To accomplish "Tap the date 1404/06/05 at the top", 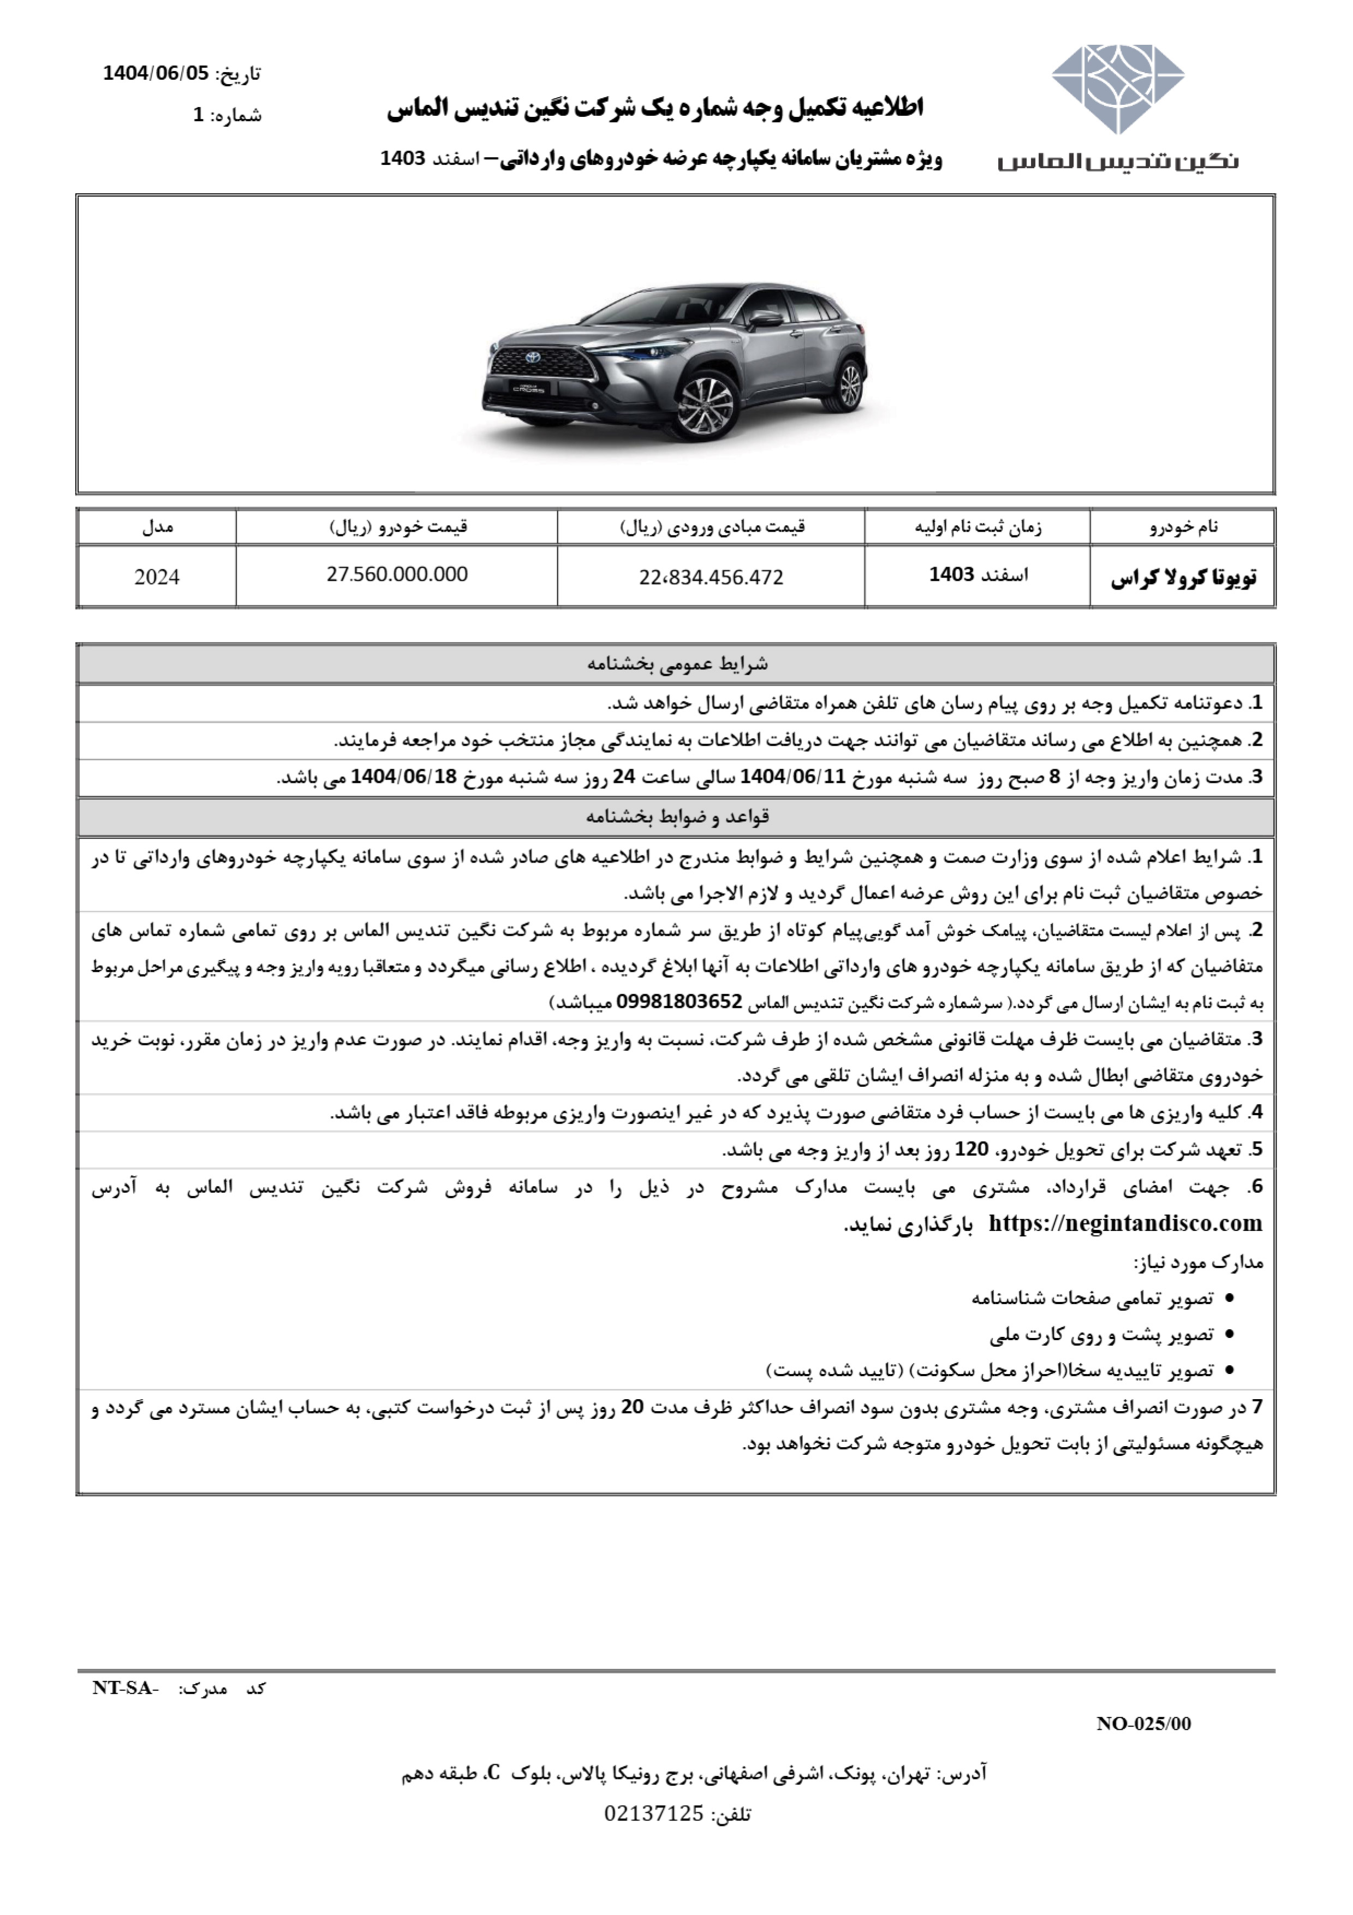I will (156, 73).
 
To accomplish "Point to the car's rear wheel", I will (849, 384).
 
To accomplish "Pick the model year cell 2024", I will (157, 577).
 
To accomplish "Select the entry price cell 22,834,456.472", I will (711, 577).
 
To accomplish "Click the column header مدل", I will (157, 527).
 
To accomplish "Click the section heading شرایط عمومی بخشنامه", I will (677, 665).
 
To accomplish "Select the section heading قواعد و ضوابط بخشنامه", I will (677, 817).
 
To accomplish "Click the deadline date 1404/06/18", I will (404, 776).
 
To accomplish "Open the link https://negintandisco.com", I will (1125, 1223).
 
